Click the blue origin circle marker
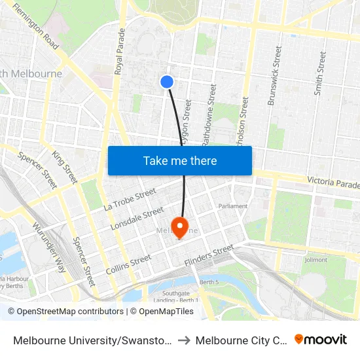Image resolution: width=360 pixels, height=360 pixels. [167, 82]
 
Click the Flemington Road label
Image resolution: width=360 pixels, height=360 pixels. [36, 28]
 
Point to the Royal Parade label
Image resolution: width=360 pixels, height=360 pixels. [120, 51]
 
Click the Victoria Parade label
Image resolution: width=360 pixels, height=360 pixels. [333, 182]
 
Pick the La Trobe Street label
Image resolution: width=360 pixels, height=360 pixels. [130, 199]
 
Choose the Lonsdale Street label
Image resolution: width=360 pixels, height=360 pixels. [137, 219]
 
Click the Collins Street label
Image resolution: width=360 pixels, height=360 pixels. [128, 265]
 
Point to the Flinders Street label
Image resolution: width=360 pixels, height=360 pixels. [209, 256]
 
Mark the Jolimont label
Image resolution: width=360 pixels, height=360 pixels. [315, 260]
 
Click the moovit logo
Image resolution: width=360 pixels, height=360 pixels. [321, 339]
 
